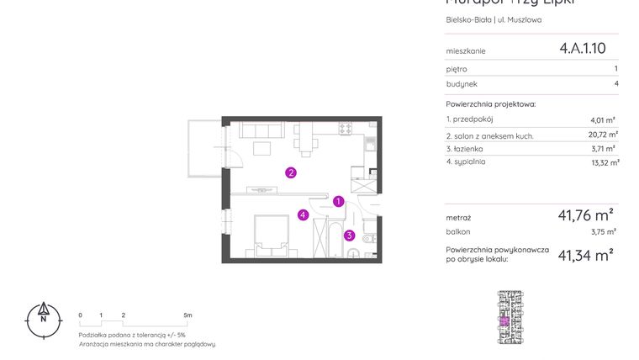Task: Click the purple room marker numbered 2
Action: [290, 173]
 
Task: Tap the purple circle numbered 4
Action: [302, 215]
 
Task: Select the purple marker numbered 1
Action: [337, 201]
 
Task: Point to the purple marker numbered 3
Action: [348, 236]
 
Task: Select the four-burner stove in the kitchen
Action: [344, 129]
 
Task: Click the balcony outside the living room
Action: [203, 149]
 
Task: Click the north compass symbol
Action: [42, 319]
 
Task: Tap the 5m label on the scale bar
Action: [187, 315]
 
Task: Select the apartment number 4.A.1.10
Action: [582, 49]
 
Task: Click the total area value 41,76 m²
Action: [585, 214]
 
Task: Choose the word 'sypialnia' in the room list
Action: [472, 161]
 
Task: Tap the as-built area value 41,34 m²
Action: [585, 255]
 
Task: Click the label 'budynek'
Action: [462, 84]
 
